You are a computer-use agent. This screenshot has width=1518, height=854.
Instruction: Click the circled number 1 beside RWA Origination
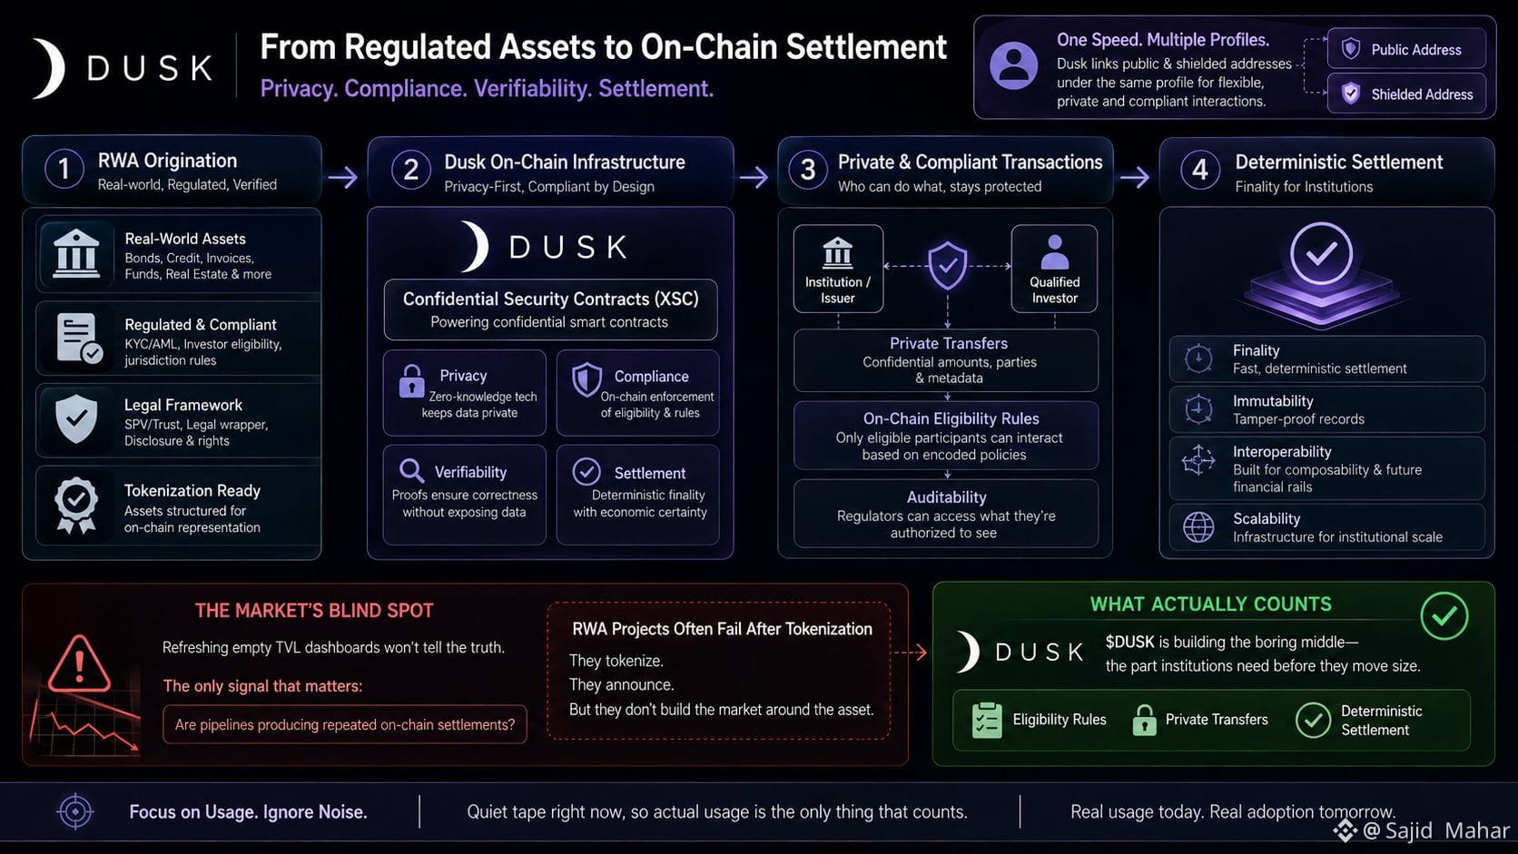64,169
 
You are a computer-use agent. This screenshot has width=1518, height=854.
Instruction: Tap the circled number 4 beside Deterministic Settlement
1200,170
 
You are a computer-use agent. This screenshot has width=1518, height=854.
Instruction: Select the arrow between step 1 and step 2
343,178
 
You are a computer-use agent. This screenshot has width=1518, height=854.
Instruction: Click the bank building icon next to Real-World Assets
76,254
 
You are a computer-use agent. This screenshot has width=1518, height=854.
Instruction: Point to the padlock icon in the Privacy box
411,381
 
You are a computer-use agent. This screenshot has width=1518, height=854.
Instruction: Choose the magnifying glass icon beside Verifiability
411,470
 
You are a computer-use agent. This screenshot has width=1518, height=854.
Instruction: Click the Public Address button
1406,49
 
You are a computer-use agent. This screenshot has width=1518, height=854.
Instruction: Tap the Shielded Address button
1406,93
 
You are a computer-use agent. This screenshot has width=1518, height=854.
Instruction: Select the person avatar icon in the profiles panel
1014,65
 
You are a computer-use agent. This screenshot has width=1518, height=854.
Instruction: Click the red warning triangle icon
80,664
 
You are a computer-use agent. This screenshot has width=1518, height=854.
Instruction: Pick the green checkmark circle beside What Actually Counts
1444,615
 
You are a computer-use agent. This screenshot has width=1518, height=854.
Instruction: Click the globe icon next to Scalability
1198,527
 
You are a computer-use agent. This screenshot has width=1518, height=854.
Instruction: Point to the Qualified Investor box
1054,269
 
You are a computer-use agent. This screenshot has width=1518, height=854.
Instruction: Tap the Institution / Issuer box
838,269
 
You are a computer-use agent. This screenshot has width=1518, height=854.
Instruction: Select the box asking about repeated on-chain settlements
345,724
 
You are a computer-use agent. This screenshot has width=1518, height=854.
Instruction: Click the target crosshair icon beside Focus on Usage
75,811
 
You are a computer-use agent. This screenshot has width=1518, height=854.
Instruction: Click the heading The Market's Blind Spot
314,611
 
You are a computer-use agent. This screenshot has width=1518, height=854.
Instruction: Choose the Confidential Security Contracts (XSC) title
550,299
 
